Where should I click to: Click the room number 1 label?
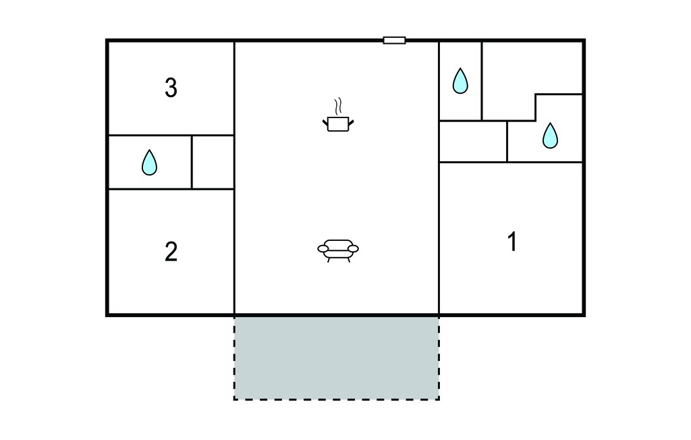tap(512, 242)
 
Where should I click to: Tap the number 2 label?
tap(171, 252)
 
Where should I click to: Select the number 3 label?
tap(171, 87)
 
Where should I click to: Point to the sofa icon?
tap(338, 251)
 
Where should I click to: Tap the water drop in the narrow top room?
tap(460, 81)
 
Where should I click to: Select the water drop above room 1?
tap(550, 136)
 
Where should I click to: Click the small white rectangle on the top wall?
tap(394, 40)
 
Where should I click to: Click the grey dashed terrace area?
tap(336, 358)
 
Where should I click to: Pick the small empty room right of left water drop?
tap(213, 162)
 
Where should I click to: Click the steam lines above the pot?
tap(338, 106)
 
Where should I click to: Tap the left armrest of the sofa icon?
tap(323, 249)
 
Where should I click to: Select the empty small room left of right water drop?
tap(473, 142)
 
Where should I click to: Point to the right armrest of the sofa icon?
tap(353, 249)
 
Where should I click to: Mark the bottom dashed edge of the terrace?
tap(336, 400)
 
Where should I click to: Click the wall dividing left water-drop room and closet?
tap(192, 162)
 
